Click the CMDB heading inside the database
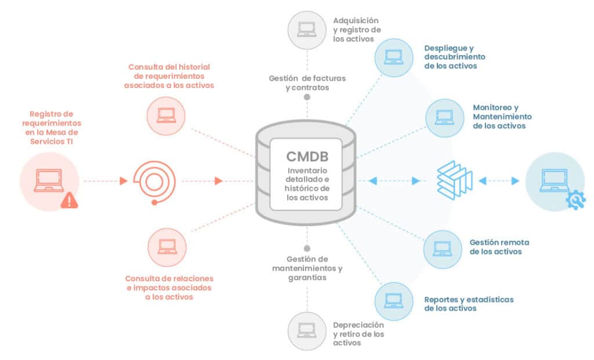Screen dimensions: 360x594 306,157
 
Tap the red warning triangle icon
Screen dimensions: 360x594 70,200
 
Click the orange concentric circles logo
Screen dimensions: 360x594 153,181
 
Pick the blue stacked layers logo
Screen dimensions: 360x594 455,181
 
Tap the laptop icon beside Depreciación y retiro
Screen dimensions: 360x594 307,330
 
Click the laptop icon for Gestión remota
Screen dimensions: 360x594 443,248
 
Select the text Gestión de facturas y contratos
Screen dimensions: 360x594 299,83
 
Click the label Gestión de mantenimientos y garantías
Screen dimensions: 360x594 307,268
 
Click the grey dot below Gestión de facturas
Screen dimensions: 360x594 307,97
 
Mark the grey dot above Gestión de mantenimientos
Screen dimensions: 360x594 307,248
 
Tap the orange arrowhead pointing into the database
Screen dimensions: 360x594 219,181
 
